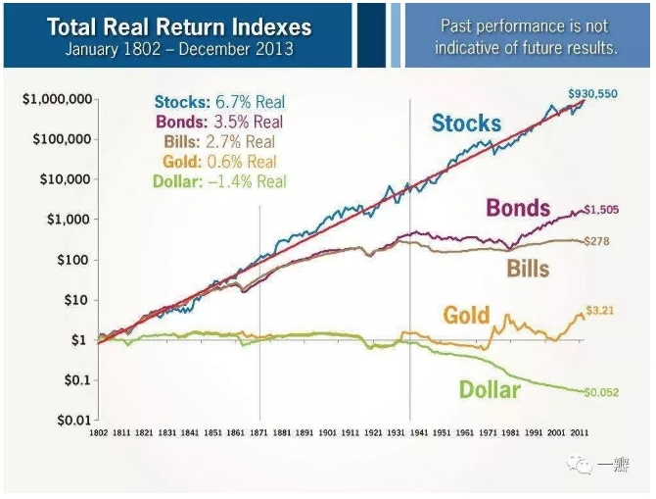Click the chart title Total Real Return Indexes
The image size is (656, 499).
point(178,25)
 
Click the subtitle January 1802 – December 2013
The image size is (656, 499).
point(178,49)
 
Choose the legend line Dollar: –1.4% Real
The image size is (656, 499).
point(219,181)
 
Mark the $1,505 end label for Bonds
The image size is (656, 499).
point(603,210)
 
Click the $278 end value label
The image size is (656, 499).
point(598,241)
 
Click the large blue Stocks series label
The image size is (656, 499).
point(466,124)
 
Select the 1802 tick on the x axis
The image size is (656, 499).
point(98,431)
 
